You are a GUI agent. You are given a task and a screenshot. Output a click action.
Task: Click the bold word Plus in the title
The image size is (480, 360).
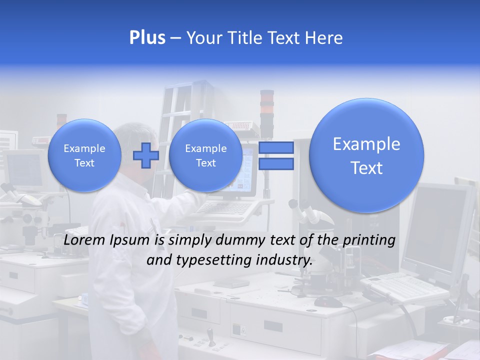[x=147, y=38]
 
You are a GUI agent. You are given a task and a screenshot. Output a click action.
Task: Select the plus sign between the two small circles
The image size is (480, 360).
[x=145, y=155]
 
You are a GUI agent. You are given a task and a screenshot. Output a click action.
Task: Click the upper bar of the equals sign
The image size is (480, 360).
[x=275, y=147]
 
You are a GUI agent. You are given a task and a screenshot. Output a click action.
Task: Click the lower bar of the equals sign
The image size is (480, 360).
[x=275, y=164]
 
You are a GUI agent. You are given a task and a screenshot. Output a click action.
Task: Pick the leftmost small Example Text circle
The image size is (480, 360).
[x=84, y=155]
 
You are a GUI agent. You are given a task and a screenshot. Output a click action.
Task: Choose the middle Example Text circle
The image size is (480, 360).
[x=205, y=155]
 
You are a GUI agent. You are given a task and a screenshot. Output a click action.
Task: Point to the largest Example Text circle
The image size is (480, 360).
[x=366, y=155]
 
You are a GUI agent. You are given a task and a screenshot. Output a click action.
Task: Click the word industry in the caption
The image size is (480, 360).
[x=284, y=260]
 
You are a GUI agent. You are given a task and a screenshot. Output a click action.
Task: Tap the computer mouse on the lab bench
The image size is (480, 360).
[x=328, y=301]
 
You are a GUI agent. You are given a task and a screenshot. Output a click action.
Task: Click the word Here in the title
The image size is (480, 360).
[x=325, y=38]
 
